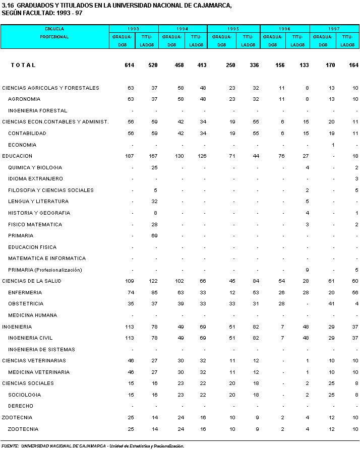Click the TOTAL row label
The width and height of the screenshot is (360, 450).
23,65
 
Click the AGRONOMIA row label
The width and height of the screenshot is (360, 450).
24,99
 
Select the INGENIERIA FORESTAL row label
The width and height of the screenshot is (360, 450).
37,110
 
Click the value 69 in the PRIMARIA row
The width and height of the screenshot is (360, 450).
154,236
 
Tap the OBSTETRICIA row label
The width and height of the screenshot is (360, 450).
26,304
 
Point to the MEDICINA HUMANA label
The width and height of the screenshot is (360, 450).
32,315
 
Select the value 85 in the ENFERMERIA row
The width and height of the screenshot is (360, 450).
154,293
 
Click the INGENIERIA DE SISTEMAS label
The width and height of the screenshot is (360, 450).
41,349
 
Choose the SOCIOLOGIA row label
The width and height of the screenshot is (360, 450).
24,395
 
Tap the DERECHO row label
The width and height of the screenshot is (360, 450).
21,406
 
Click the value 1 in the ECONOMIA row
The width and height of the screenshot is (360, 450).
333,145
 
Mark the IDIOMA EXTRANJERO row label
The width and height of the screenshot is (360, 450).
35,179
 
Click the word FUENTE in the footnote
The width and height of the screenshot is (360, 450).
10,445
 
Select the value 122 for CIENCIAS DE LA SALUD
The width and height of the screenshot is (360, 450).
153,281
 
